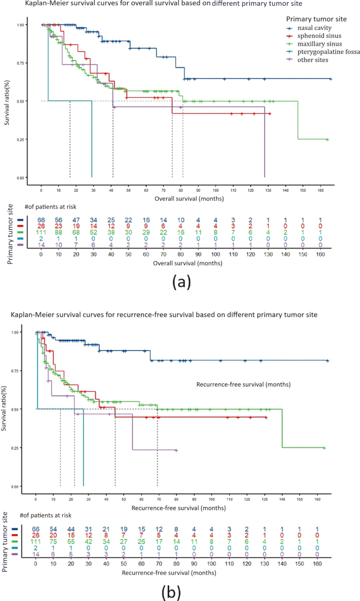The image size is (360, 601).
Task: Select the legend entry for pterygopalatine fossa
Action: [321, 52]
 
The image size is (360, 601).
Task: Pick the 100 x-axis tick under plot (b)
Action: [211, 495]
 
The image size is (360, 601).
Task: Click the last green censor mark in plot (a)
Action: [327, 139]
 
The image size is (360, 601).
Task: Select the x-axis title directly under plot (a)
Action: [189, 199]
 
